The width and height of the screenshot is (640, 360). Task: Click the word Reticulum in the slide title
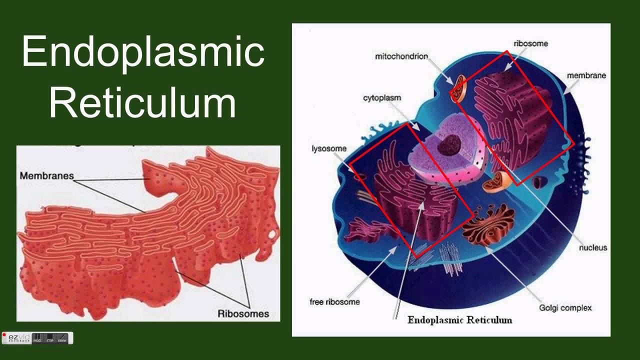click(x=142, y=102)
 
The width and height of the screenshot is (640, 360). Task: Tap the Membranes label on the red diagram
click(x=46, y=175)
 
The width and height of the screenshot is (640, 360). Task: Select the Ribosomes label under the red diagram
click(x=243, y=313)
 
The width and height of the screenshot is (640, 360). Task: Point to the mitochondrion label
click(x=401, y=56)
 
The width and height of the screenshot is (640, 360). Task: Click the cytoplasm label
click(x=382, y=98)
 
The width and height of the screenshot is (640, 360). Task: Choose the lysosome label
click(x=329, y=148)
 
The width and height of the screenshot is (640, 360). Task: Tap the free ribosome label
click(x=335, y=301)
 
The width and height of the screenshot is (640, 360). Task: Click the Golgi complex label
click(x=565, y=308)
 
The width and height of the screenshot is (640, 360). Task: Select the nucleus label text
click(x=593, y=247)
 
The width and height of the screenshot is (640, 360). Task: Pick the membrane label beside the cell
click(x=586, y=75)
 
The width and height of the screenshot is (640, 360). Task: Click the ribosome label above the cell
click(x=531, y=43)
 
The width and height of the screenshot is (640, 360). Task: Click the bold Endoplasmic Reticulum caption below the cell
click(x=459, y=319)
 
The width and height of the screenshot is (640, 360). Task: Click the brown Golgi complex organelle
click(x=488, y=225)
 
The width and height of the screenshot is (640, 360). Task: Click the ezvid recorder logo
click(x=16, y=338)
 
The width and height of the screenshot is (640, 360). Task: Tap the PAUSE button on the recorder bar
click(x=37, y=338)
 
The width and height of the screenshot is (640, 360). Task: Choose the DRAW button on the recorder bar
click(x=62, y=338)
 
